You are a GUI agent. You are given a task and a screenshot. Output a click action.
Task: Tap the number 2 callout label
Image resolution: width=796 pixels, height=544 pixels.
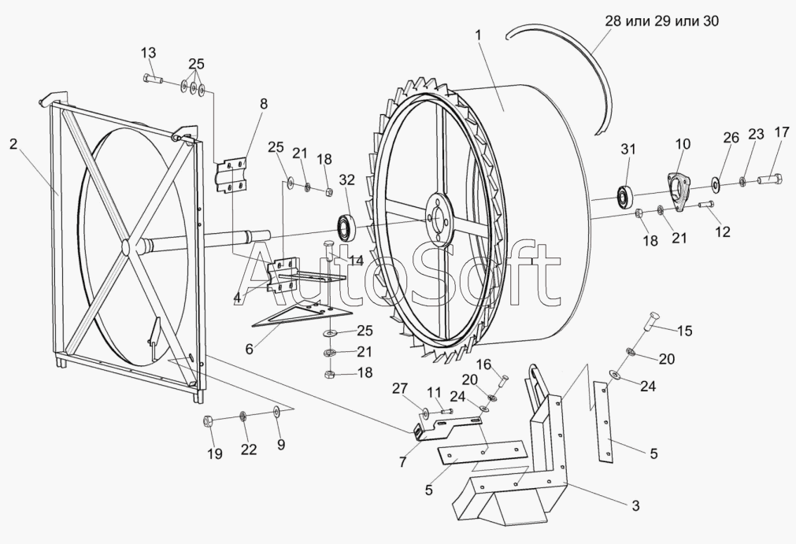(13, 143)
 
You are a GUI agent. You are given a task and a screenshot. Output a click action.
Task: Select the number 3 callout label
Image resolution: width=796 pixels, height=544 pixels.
(635, 505)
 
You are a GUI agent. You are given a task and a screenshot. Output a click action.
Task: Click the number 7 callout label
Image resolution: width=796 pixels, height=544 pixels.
(403, 461)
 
